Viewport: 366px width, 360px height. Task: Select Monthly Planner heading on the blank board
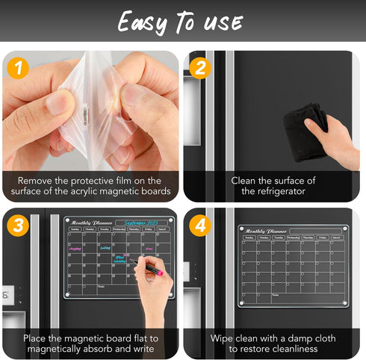(266, 231)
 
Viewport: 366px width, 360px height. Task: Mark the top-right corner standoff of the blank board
(350, 228)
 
